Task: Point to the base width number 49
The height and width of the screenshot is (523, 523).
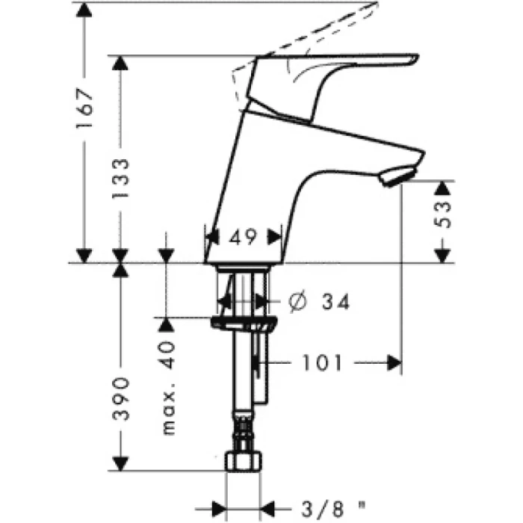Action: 244,238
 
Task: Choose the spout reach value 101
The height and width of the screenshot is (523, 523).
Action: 322,364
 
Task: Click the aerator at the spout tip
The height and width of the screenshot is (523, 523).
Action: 394,177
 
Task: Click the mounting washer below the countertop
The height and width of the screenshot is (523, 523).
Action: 244,324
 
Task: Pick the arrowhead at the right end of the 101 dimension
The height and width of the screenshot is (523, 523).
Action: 394,364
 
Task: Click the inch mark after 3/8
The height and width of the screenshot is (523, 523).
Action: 363,502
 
